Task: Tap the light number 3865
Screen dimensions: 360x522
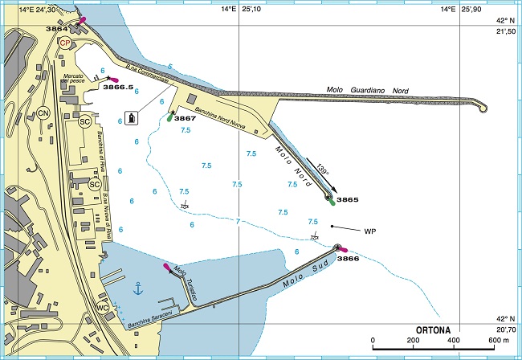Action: coord(347,198)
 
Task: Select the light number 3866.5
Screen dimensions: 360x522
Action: coord(118,87)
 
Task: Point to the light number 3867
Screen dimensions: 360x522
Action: coord(185,118)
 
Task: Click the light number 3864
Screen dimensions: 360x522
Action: coord(57,28)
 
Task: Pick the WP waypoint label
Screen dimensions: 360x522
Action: coord(370,231)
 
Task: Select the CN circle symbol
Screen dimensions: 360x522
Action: coord(43,113)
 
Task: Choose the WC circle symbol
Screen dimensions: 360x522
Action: coord(103,308)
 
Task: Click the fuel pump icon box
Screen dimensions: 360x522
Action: coord(133,118)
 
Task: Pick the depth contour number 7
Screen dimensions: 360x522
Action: coord(238,220)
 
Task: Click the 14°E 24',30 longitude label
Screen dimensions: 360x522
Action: coord(32,10)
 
